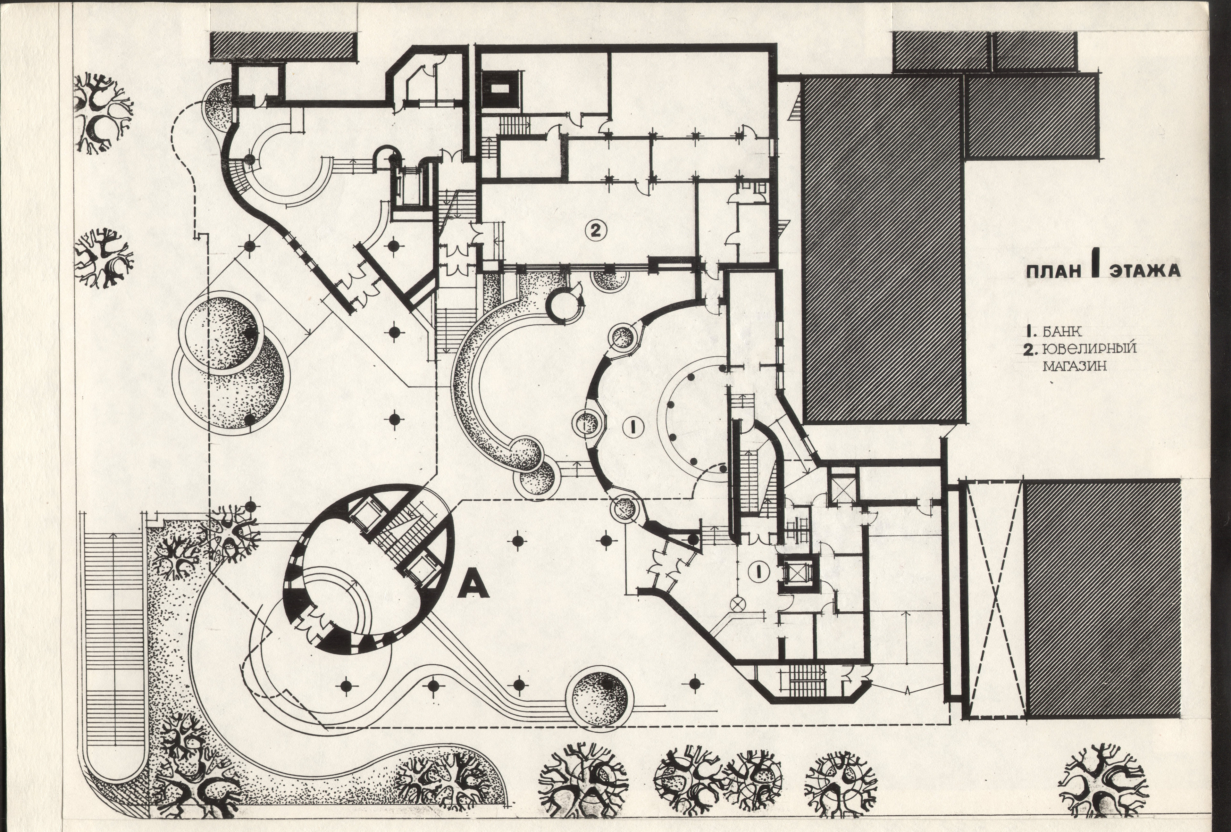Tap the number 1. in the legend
tap(1031, 332)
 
